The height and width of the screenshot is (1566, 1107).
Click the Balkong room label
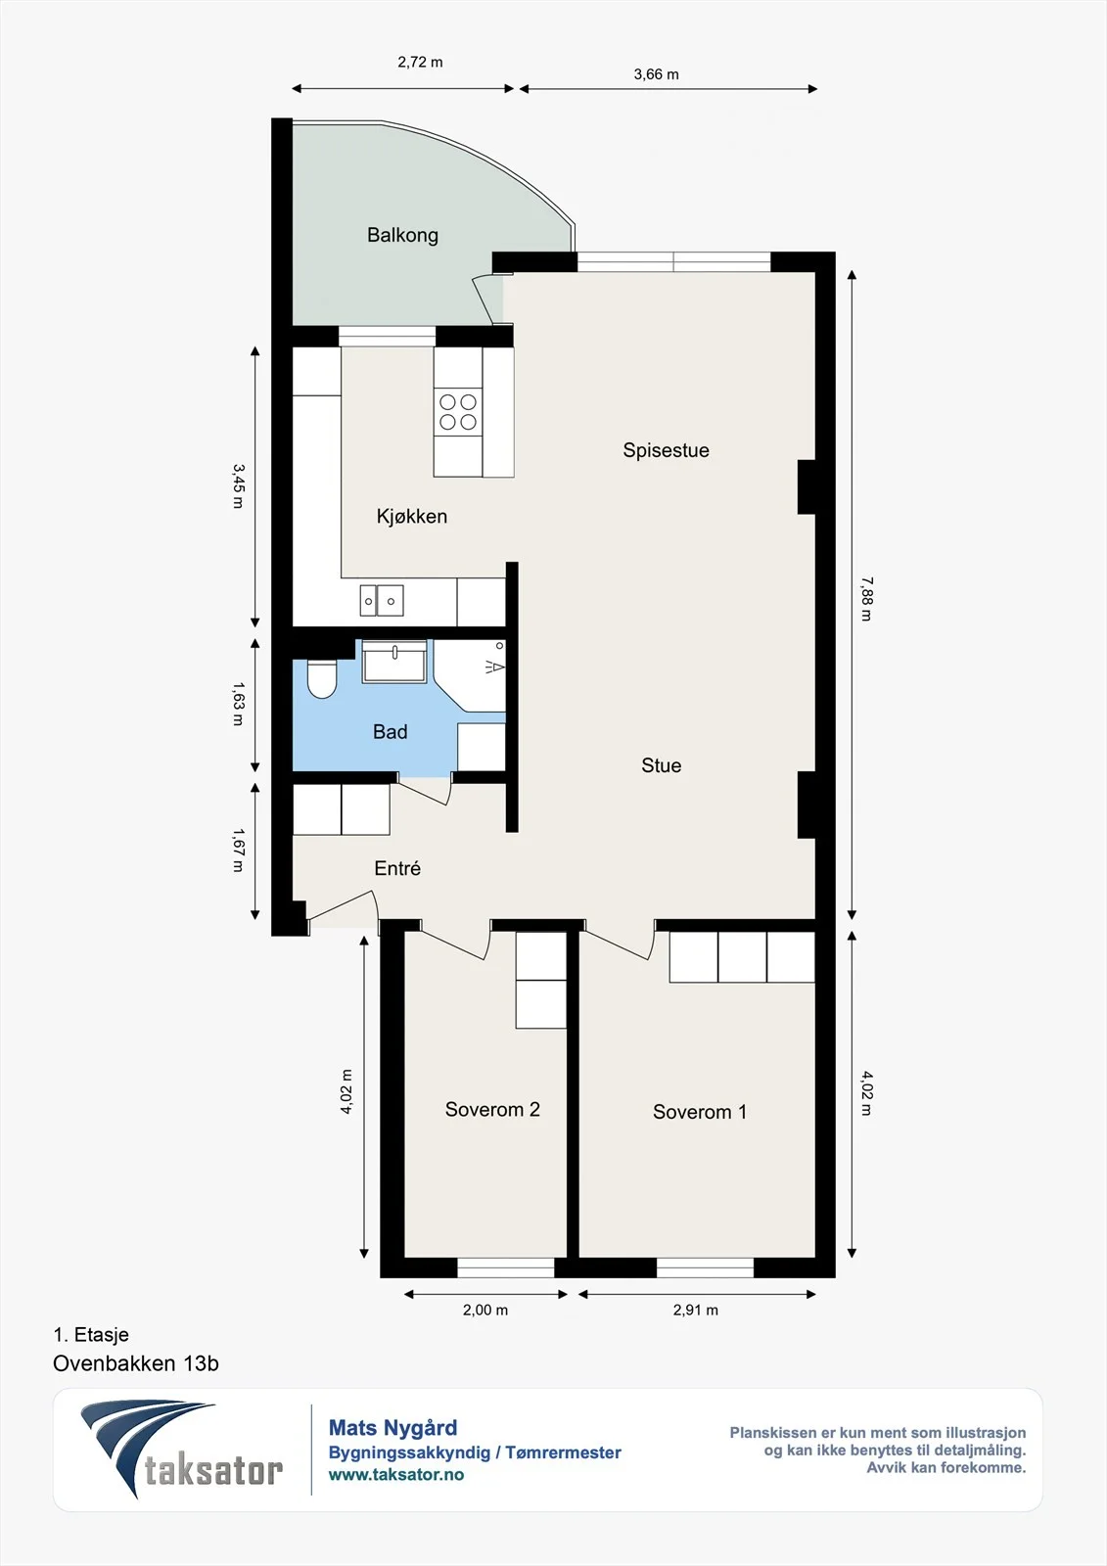point(403,235)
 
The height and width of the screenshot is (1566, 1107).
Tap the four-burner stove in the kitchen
point(458,412)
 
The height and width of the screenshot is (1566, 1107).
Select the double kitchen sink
point(382,601)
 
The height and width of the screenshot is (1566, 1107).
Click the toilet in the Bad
point(322,678)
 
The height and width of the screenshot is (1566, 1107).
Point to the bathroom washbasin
point(394,662)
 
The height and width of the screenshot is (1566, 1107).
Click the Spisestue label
point(666,450)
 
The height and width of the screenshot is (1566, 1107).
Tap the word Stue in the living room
point(662,765)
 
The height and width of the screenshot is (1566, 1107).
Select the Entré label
point(397,868)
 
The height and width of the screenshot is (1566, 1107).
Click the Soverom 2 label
point(492,1110)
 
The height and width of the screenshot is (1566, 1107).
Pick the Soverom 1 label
point(700,1112)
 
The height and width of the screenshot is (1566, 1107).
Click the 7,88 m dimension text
point(866,599)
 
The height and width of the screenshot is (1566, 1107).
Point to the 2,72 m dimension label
point(420,63)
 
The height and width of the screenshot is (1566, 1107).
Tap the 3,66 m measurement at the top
point(656,74)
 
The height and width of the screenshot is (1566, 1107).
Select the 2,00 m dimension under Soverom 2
point(485,1311)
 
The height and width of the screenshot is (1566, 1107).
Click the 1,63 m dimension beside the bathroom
point(238,704)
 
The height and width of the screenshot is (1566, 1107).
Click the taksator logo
point(182,1448)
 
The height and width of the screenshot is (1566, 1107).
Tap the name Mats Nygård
point(393,1428)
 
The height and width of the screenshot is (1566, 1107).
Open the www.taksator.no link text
point(396,1474)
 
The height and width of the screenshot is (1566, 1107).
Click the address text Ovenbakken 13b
point(136,1363)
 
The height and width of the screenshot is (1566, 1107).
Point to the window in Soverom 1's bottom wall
point(705,1267)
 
